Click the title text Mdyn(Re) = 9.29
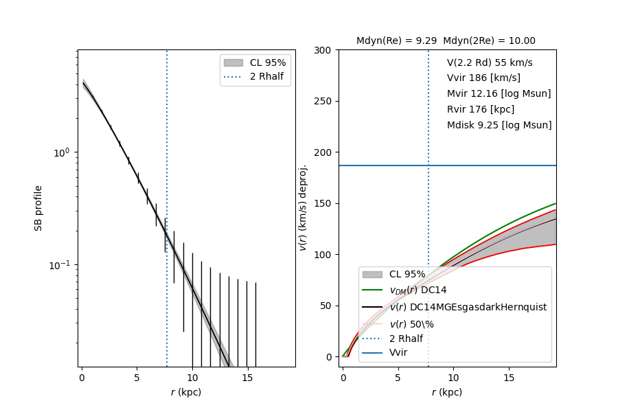[396, 41]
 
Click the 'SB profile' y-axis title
[39, 207]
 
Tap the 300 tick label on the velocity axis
[324, 50]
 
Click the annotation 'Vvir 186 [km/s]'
[483, 78]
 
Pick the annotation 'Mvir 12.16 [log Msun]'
[499, 94]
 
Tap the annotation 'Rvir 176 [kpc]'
[480, 110]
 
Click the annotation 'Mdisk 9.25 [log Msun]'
[499, 126]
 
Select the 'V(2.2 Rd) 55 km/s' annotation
[490, 62]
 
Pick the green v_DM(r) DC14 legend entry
[419, 290]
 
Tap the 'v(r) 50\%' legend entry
[411, 323]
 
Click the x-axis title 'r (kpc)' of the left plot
[186, 393]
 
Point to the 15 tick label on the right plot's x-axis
[509, 378]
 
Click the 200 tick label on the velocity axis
[324, 152]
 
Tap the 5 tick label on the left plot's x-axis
[137, 378]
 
